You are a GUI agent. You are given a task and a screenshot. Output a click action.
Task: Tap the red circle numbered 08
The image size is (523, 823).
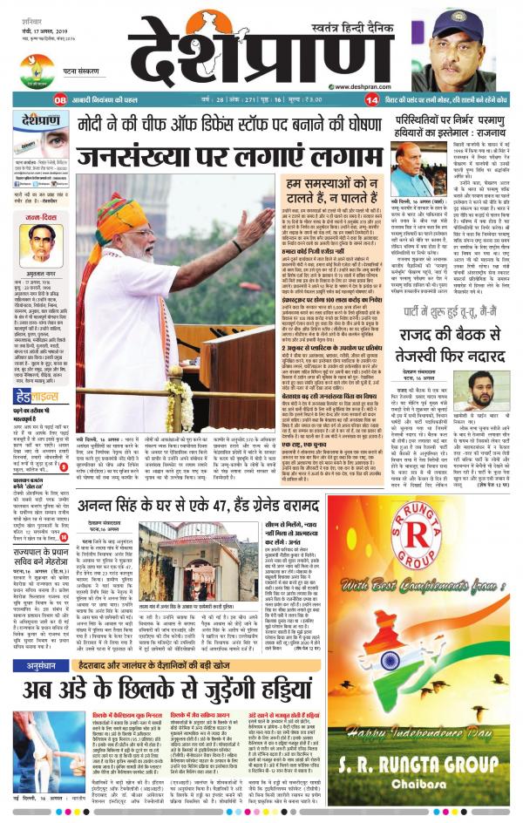[x=60, y=100]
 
